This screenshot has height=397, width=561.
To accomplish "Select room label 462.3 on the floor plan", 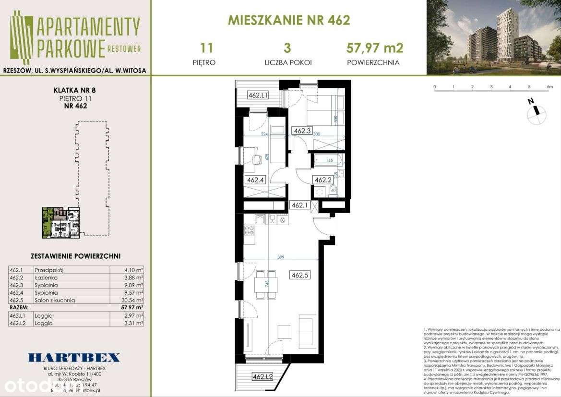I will pyautogui.click(x=302, y=130).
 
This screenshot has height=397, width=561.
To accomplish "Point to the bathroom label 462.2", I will pyautogui.click(x=323, y=180).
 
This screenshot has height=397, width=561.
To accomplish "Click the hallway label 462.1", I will pyautogui.click(x=300, y=205).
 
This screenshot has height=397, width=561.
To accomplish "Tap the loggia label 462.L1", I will pyautogui.click(x=257, y=95).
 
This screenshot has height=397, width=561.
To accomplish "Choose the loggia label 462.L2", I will pyautogui.click(x=263, y=377).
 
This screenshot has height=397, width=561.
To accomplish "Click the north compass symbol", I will pyautogui.click(x=537, y=112).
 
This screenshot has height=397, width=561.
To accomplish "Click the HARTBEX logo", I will pyautogui.click(x=74, y=357).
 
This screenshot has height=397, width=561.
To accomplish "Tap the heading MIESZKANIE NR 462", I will pyautogui.click(x=289, y=20).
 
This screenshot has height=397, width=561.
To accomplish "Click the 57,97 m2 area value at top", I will pyautogui.click(x=374, y=48).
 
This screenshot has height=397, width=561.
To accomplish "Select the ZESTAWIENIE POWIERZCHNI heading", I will pyautogui.click(x=75, y=256).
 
